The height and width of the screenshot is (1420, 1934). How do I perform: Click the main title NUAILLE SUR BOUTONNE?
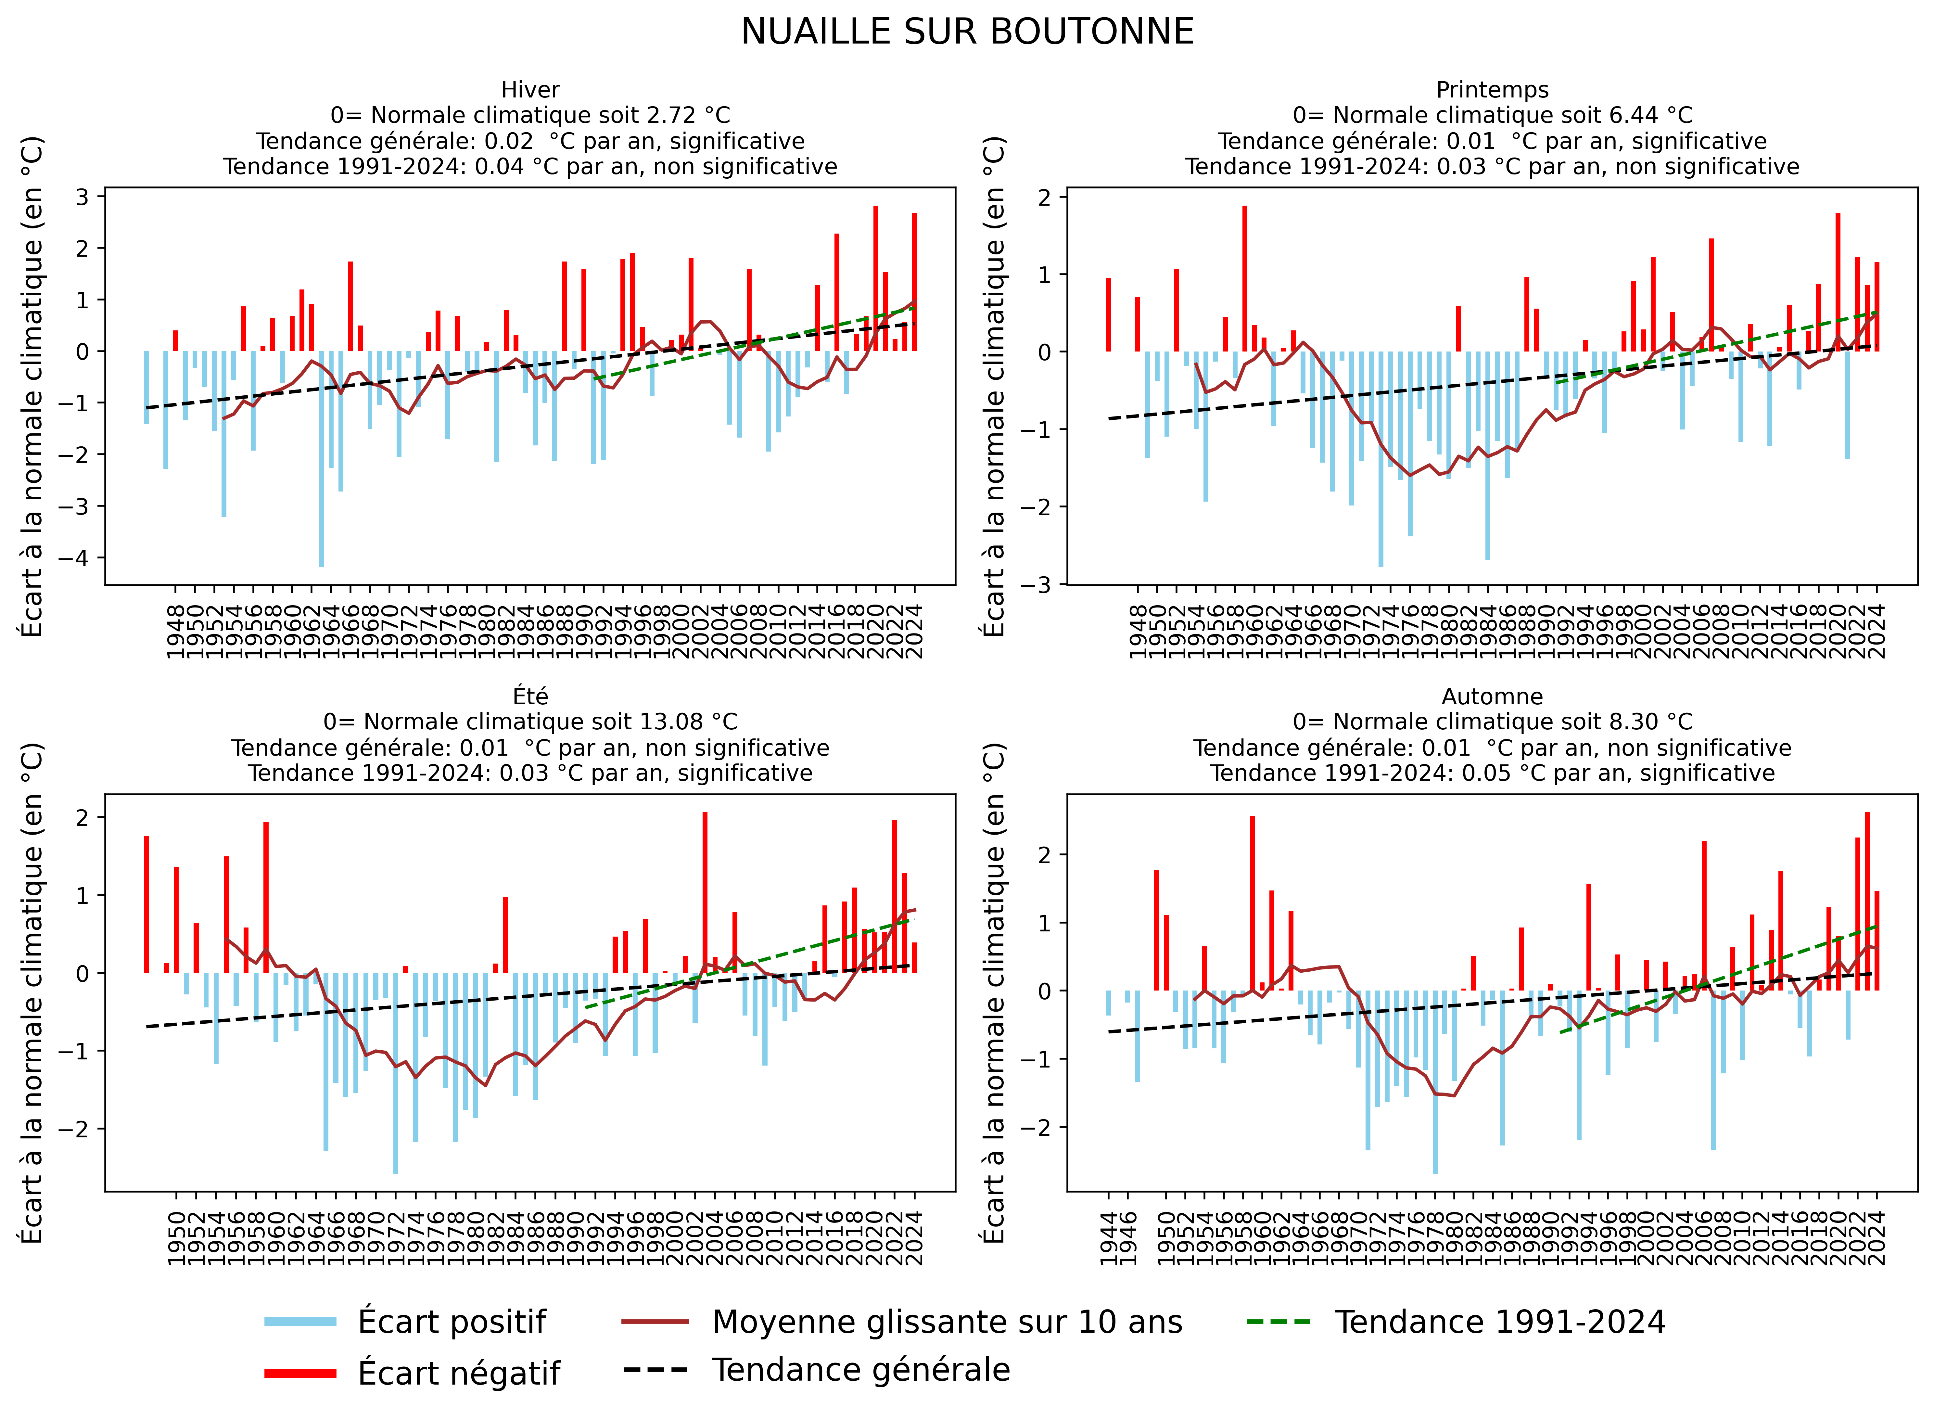967,33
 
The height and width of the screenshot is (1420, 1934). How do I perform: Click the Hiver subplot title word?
530,89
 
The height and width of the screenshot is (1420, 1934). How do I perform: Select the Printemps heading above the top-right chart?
1492,89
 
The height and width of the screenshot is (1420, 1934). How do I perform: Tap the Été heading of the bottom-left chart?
530,696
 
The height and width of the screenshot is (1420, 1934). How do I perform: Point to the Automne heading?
1492,696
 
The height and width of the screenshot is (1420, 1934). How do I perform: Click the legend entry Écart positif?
451,1322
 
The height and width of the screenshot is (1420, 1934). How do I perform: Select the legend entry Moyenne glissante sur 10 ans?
947,1322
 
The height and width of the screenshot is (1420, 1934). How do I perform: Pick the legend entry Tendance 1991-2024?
1500,1322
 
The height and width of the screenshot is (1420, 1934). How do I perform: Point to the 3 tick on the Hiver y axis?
83,197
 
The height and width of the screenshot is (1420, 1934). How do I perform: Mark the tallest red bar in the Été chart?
705,894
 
